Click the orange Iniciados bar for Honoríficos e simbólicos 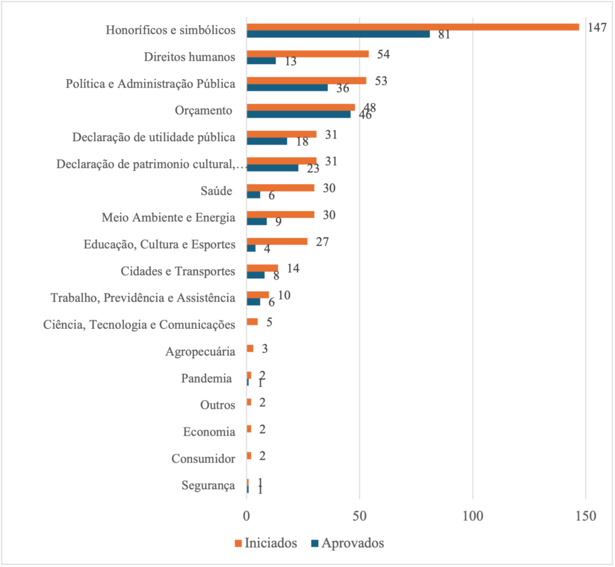click(413, 27)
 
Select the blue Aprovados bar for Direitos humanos click(261, 61)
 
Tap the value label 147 click(597, 28)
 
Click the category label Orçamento click(204, 110)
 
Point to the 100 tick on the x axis click(473, 515)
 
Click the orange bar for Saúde click(280, 188)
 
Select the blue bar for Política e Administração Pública click(287, 88)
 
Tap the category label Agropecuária click(201, 352)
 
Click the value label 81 click(444, 34)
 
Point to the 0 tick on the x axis click(246, 515)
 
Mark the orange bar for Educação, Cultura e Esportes click(277, 241)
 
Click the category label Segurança click(208, 486)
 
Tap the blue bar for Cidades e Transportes click(255, 275)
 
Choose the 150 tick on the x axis click(585, 515)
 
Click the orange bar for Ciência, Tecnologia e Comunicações click(252, 322)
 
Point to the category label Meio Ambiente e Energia click(169, 218)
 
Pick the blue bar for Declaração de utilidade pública click(267, 141)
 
